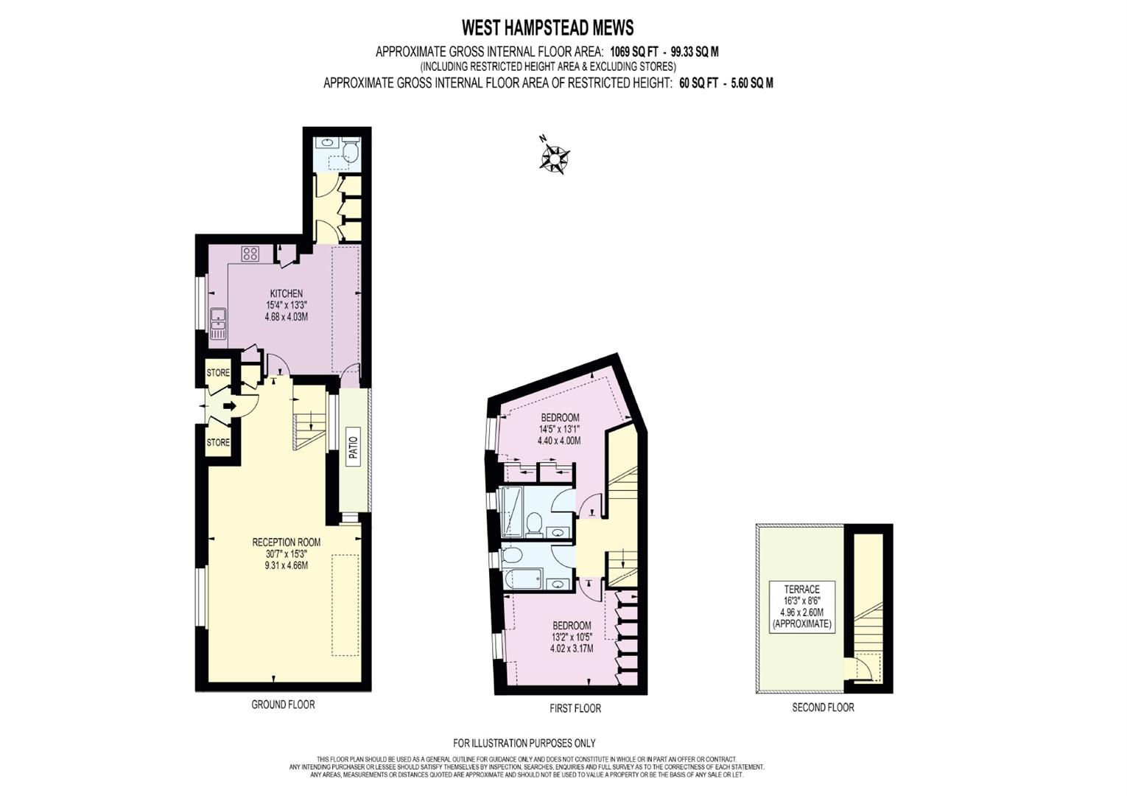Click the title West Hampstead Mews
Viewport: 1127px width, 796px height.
pyautogui.click(x=547, y=28)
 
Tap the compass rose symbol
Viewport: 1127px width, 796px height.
pyautogui.click(x=554, y=157)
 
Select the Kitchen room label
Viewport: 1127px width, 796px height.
pyautogui.click(x=286, y=293)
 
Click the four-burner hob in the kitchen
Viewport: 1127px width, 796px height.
pyautogui.click(x=250, y=254)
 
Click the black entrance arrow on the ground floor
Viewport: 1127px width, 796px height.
pyautogui.click(x=229, y=406)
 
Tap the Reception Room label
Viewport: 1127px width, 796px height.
pyautogui.click(x=286, y=542)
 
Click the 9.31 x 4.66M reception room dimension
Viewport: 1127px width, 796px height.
pyautogui.click(x=286, y=565)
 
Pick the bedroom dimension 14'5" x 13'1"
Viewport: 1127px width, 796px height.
pyautogui.click(x=560, y=429)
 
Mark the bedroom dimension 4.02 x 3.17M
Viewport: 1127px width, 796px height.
pyautogui.click(x=572, y=649)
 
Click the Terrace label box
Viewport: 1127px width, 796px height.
pyautogui.click(x=801, y=606)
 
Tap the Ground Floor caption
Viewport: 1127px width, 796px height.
pyautogui.click(x=283, y=705)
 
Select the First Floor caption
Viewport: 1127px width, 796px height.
pyautogui.click(x=575, y=708)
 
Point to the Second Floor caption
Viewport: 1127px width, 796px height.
pyautogui.click(x=823, y=708)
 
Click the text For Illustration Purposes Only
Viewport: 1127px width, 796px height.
pyautogui.click(x=524, y=743)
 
